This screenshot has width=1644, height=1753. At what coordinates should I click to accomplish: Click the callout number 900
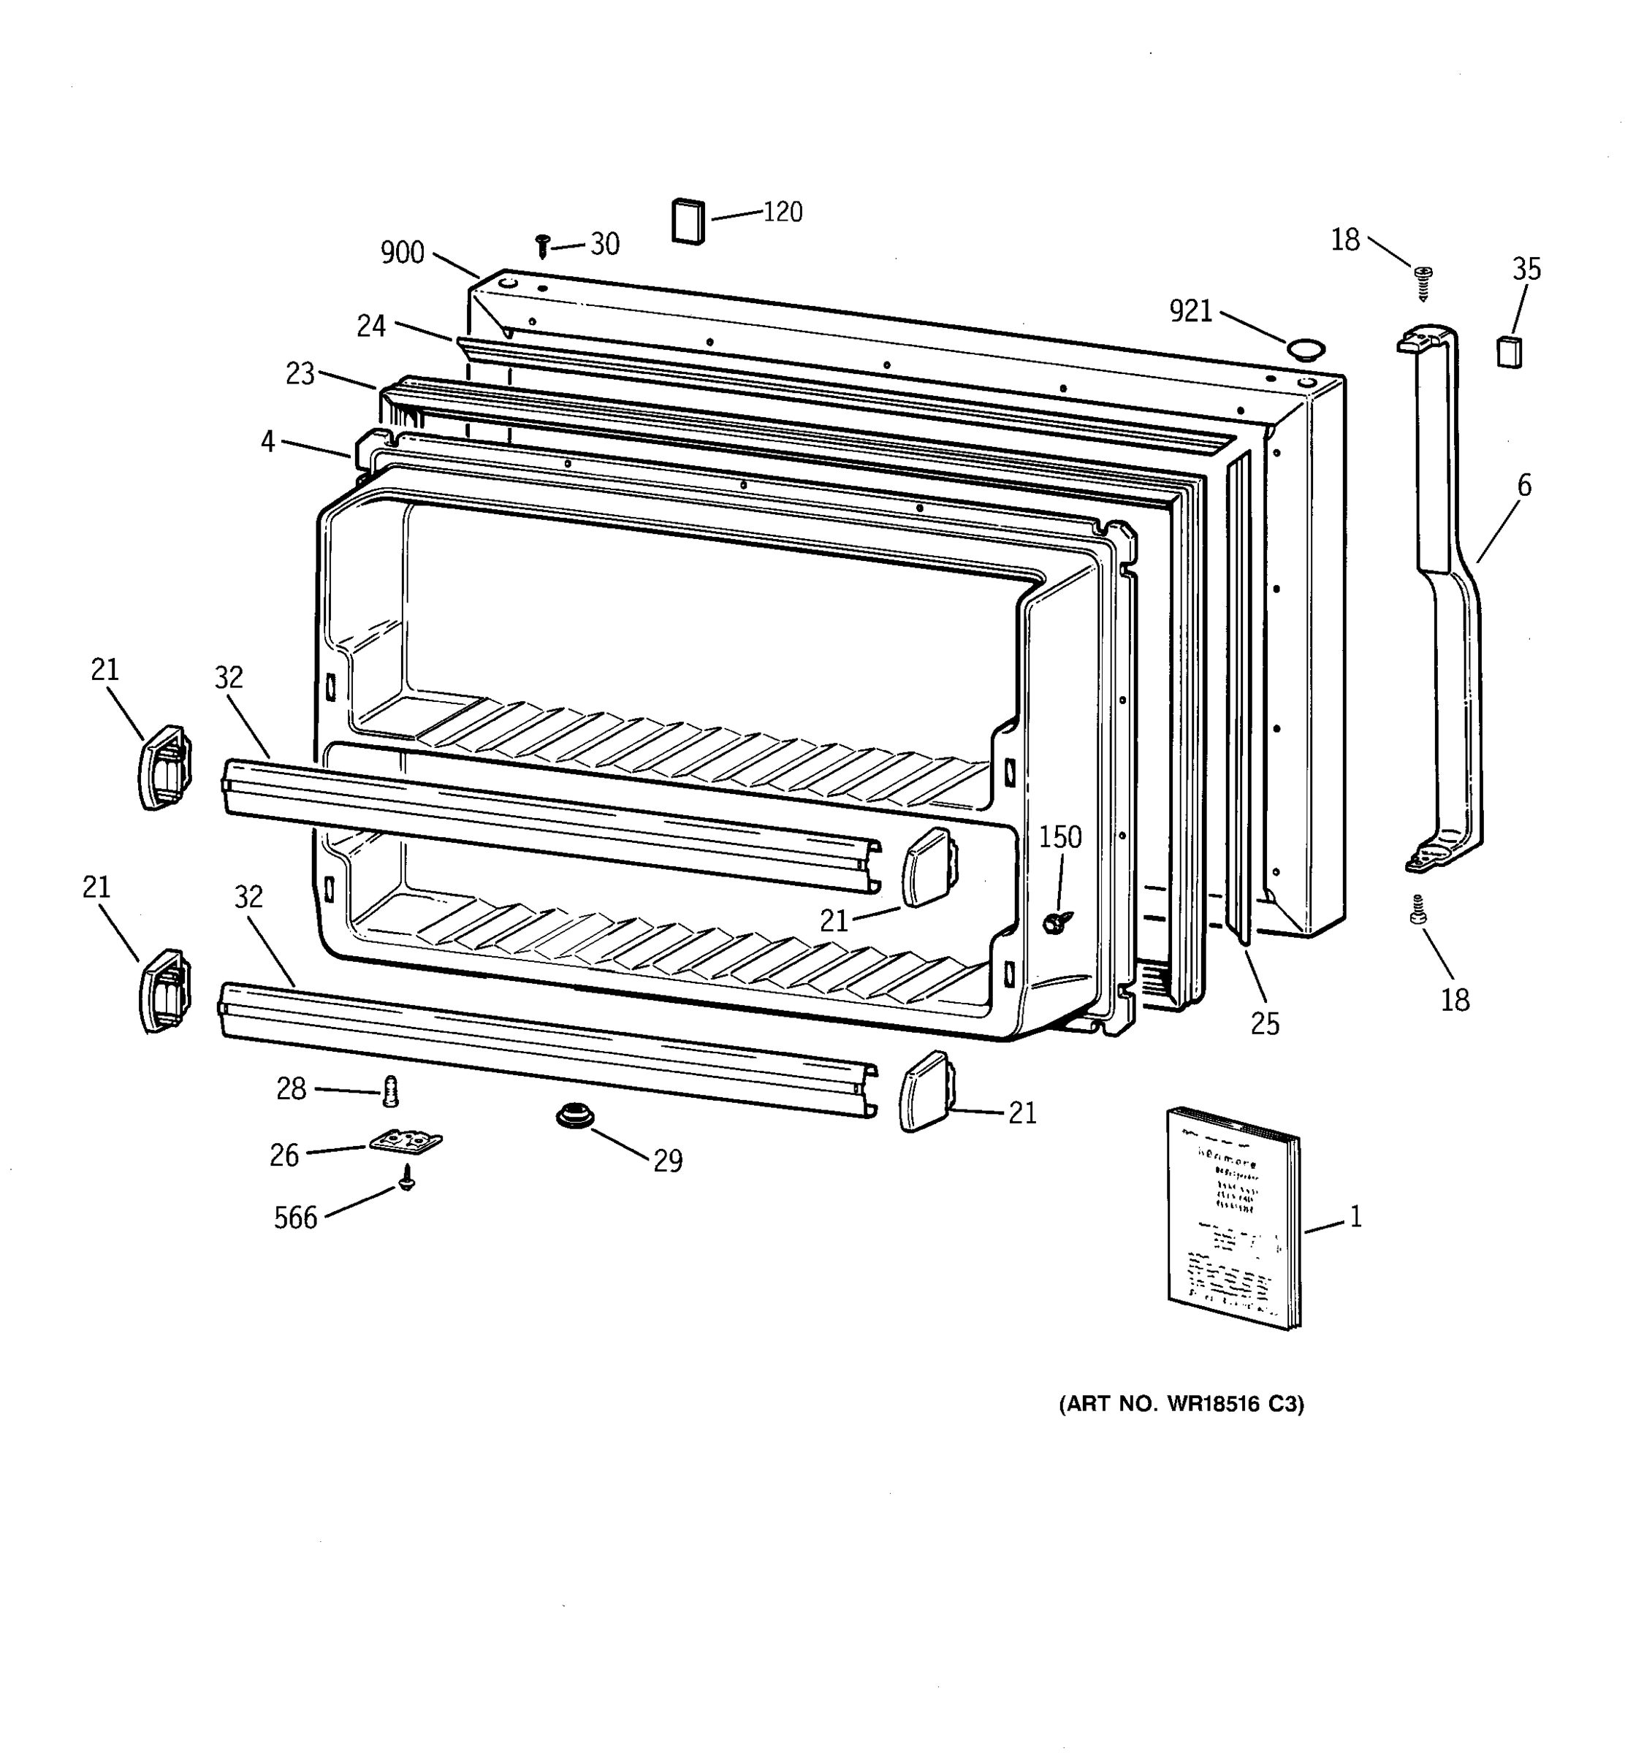(x=402, y=253)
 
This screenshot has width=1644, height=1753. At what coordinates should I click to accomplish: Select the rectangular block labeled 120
(x=689, y=221)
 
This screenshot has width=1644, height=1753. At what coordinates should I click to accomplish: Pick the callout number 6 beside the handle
(x=1524, y=486)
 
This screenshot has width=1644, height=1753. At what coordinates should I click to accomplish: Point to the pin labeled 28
(x=391, y=1092)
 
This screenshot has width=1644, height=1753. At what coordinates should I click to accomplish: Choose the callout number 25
(x=1264, y=1023)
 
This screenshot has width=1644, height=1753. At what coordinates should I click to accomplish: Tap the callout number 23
(x=300, y=374)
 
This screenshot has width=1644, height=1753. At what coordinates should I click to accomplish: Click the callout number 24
(x=371, y=326)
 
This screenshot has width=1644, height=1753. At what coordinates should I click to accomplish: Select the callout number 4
(x=268, y=441)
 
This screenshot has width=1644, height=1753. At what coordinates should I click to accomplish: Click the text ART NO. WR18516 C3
(x=1181, y=1404)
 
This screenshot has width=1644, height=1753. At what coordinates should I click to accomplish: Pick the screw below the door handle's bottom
(x=1418, y=911)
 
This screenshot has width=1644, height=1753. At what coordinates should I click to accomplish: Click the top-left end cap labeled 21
(x=164, y=766)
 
